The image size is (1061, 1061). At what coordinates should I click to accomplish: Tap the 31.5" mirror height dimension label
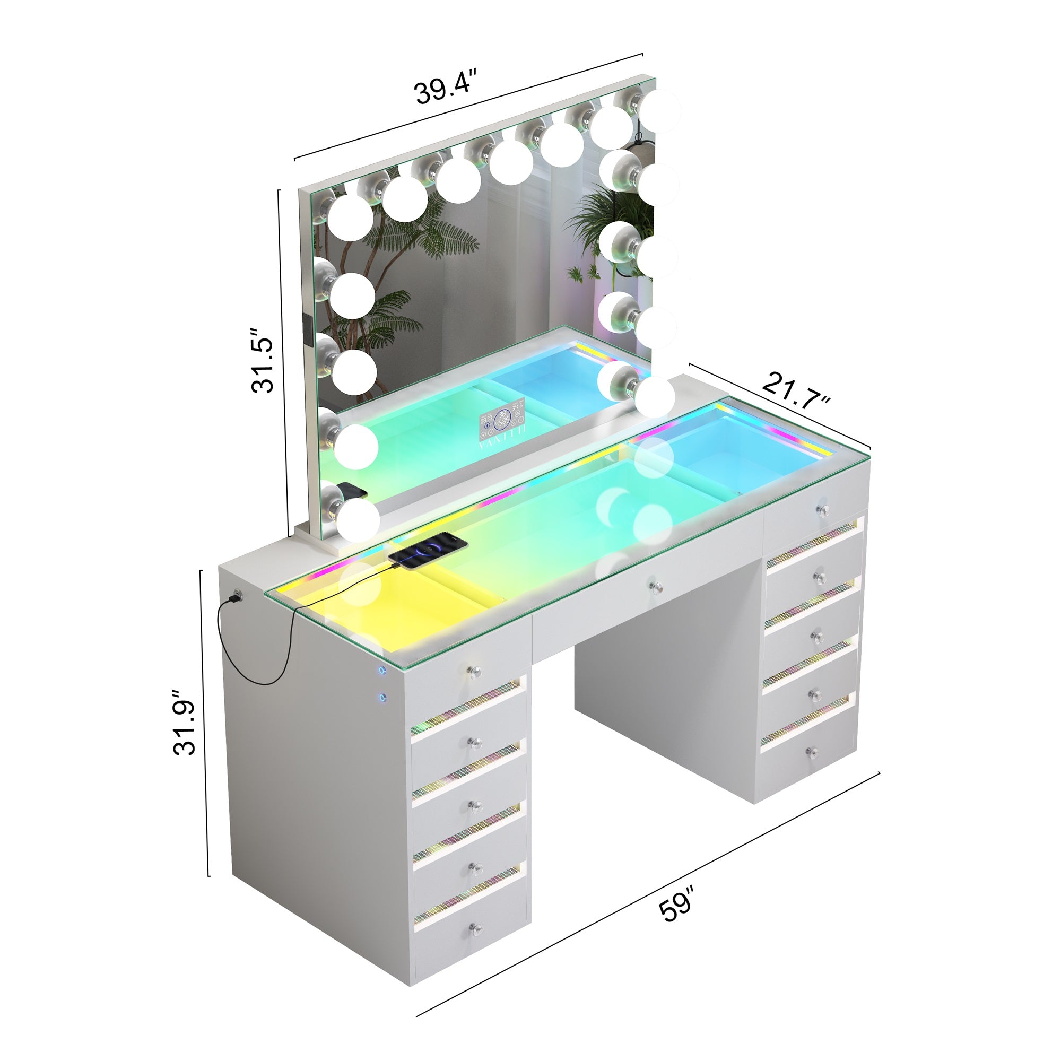262,361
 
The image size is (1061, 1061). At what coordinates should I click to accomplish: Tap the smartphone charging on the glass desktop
428,551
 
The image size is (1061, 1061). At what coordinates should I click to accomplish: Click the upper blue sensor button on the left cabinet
380,670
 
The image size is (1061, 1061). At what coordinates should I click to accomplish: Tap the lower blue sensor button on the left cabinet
380,698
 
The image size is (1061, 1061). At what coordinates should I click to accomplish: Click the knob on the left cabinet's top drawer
474,671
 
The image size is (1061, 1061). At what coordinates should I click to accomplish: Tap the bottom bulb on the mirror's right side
654,396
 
